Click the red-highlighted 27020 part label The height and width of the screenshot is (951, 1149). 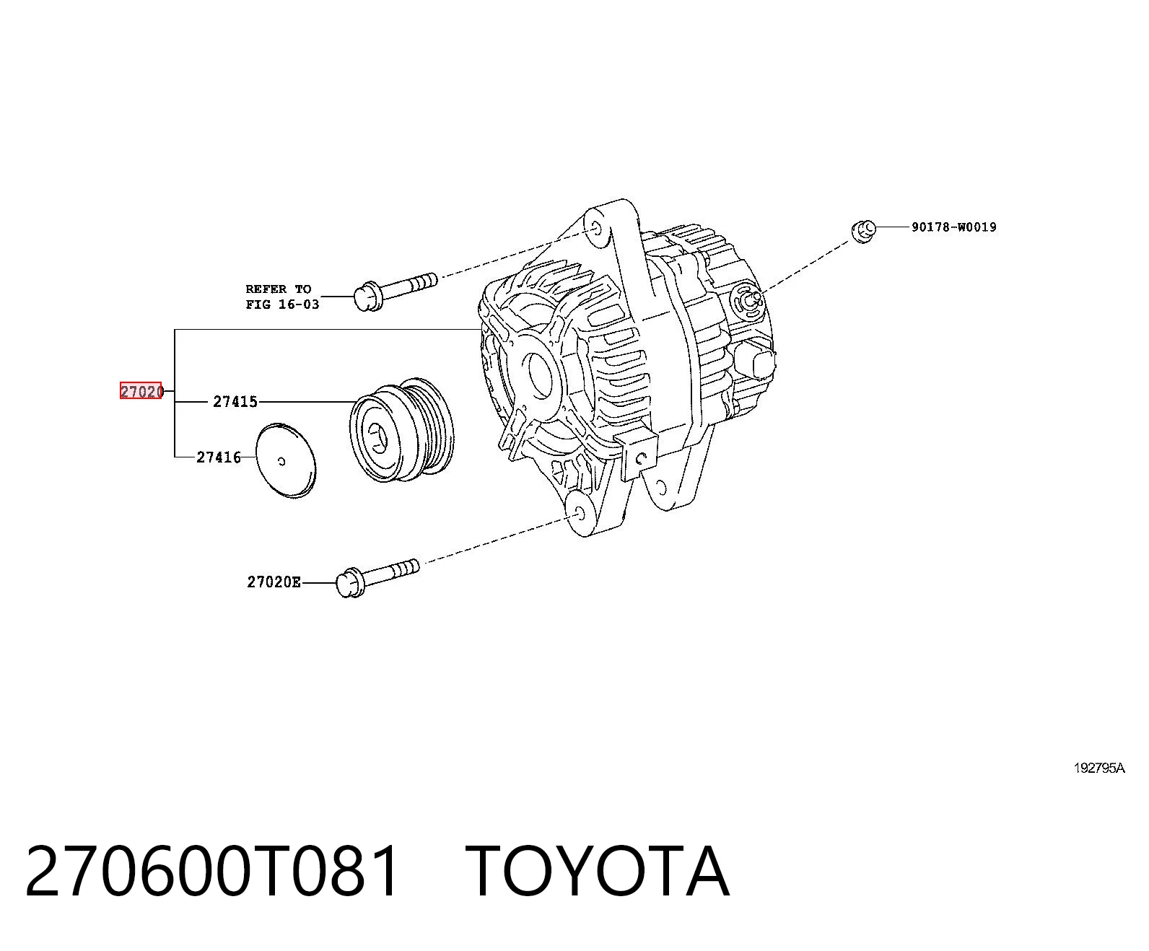coord(141,391)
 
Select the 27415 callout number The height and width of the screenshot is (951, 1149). coord(235,402)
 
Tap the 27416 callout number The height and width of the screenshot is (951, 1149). coord(219,457)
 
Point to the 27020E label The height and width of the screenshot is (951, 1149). coord(274,582)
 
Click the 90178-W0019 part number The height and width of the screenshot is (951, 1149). coord(953,227)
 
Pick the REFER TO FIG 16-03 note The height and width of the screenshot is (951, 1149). coord(282,297)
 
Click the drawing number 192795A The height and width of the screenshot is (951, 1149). coord(1099,768)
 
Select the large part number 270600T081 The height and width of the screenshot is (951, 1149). coord(212,872)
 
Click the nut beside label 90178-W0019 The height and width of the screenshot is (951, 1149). coord(863,231)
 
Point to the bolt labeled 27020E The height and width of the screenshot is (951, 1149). coord(377,577)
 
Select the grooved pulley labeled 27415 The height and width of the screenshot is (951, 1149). coord(402,430)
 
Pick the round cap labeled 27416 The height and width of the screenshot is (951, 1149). coord(286,461)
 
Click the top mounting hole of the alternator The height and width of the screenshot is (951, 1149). coord(595,228)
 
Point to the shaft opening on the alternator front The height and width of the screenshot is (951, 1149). coord(539,374)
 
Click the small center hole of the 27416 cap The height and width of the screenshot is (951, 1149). coord(281,461)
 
